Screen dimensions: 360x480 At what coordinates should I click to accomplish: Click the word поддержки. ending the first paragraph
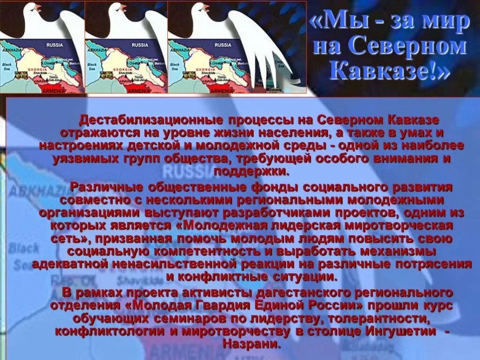252,171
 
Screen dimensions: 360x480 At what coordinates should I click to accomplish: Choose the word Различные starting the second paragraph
106,187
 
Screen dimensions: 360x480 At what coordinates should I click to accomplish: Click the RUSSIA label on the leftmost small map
54,45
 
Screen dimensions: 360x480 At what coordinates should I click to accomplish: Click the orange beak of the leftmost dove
38,7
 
